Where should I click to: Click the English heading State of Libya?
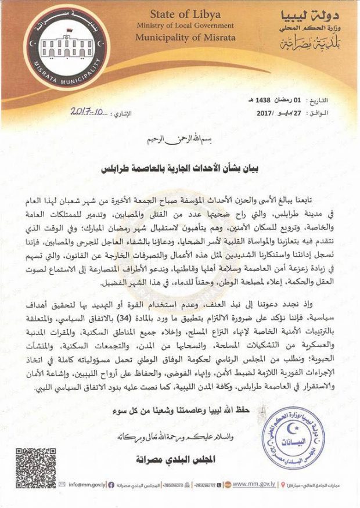click(x=185, y=14)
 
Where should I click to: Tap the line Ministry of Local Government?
click(x=185, y=26)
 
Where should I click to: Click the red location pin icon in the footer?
click(x=281, y=485)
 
